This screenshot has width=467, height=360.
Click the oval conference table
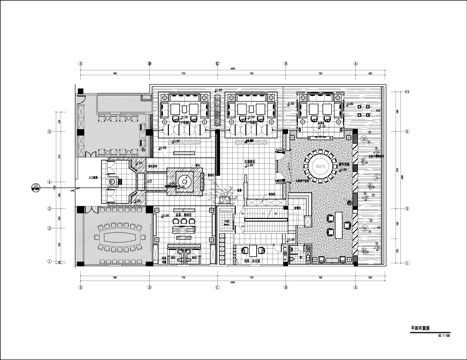pyautogui.click(x=117, y=238)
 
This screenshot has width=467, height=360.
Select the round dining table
pyautogui.click(x=320, y=165)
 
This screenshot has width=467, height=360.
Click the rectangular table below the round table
pyautogui.click(x=329, y=219)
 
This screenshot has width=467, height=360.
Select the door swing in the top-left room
pyautogui.click(x=85, y=99)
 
